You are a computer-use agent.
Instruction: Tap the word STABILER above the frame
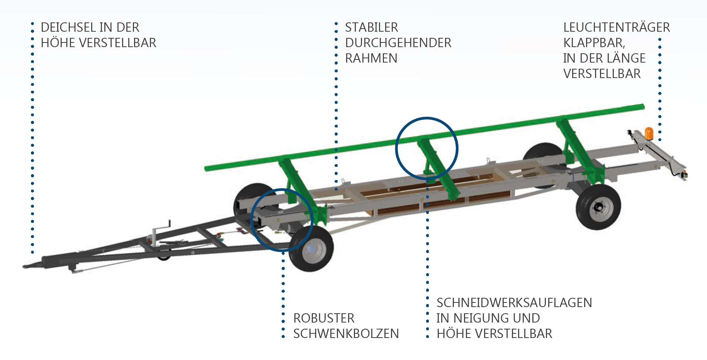[371, 27]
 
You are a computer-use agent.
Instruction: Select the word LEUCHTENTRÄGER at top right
[616, 27]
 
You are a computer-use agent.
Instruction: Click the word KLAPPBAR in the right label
[593, 43]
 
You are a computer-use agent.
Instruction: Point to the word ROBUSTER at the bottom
[324, 318]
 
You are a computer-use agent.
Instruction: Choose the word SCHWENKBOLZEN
[346, 334]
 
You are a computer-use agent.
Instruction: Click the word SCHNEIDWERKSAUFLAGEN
[514, 303]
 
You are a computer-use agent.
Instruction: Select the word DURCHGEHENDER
[398, 43]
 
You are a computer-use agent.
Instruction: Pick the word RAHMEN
[371, 58]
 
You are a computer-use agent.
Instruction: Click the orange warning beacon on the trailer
[649, 133]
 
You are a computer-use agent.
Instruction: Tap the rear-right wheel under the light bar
[598, 207]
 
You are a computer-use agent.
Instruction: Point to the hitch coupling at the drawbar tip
[29, 266]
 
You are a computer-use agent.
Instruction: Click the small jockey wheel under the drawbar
[164, 256]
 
